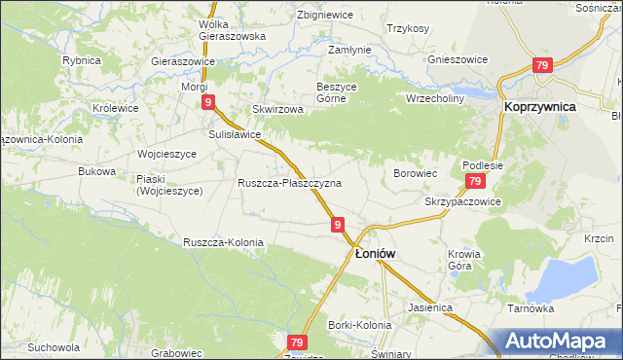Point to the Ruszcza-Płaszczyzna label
[289, 183]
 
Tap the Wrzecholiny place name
[435, 98]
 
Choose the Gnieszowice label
[457, 58]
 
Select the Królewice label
[115, 107]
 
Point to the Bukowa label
[96, 171]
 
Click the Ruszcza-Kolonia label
[222, 241]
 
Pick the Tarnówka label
[531, 307]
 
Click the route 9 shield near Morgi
[207, 101]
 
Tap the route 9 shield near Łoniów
[337, 225]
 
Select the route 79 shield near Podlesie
[474, 182]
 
